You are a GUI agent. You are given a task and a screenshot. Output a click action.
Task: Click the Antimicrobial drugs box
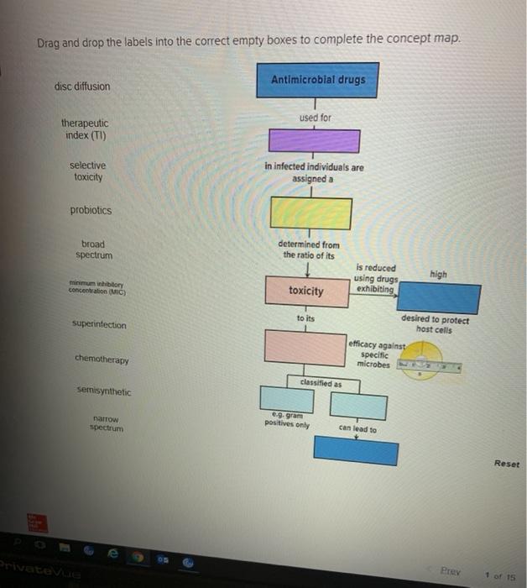pos(317,81)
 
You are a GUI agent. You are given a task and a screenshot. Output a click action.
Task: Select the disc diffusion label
pos(81,87)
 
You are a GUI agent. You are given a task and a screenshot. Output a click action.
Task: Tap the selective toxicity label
pos(88,171)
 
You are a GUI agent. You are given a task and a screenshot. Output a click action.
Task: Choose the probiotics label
pos(91,211)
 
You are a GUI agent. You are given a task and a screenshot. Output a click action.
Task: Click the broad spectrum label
pos(93,249)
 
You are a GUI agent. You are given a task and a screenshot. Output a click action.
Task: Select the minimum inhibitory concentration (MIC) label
pos(95,288)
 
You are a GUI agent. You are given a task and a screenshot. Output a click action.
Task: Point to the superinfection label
pos(99,325)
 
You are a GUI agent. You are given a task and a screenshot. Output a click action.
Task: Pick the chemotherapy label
pos(102,360)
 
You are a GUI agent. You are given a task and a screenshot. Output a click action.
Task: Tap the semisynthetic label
pos(104,391)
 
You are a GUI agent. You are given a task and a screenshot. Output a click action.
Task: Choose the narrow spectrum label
pos(107,423)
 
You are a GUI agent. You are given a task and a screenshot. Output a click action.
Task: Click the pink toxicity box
pos(305,291)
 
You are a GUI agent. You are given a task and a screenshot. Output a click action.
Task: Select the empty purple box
pos(313,140)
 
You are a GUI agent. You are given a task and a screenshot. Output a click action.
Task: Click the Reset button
pos(506,464)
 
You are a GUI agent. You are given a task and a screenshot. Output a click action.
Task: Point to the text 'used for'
pos(315,118)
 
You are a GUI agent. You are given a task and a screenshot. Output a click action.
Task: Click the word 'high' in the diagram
pos(438,275)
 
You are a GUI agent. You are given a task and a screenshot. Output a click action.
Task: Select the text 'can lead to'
pos(357,429)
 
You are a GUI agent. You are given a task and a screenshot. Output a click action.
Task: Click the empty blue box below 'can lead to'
pos(356,451)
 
